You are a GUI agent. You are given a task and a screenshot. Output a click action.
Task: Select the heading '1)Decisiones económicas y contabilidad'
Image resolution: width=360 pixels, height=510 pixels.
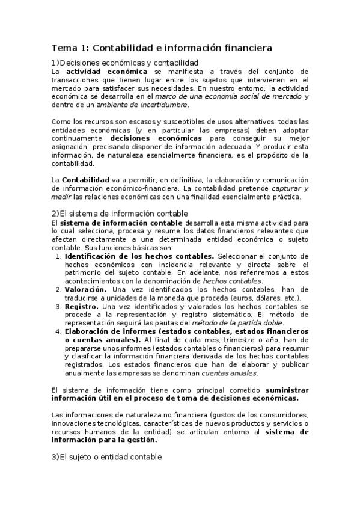click(x=125, y=63)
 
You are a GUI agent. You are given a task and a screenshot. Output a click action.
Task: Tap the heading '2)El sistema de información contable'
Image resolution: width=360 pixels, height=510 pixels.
click(x=120, y=214)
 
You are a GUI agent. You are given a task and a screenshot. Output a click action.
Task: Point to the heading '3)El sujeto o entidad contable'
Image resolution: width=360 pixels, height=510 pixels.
click(x=106, y=457)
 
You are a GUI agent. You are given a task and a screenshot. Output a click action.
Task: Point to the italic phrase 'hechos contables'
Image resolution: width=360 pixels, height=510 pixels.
click(x=232, y=281)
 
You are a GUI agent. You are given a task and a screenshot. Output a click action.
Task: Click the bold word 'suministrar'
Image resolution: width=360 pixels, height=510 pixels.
click(x=286, y=390)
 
